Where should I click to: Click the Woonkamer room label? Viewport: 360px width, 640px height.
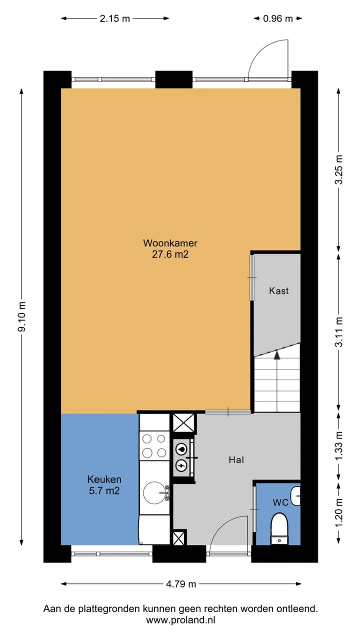pos(170,243)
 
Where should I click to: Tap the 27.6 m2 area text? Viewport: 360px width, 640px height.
pos(170,254)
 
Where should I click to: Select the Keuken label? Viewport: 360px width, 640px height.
pos(104,479)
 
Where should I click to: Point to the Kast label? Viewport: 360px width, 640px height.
pos(279,291)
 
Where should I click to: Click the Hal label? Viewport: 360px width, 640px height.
pos(236,460)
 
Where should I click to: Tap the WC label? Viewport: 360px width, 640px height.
pos(280,502)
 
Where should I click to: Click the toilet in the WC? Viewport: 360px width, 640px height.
pos(279,529)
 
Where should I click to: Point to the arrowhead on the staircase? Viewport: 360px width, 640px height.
pos(276,355)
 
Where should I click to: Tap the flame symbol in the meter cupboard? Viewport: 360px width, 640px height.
pos(181,449)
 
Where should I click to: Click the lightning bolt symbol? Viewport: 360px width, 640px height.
pos(181,466)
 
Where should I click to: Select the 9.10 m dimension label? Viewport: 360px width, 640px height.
pos(22,316)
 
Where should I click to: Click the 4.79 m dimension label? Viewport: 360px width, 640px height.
pos(181,584)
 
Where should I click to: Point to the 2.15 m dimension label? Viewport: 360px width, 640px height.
pos(115,18)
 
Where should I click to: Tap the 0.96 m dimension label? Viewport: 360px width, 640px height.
pos(278,18)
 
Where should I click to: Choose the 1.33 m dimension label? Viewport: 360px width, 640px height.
pos(339,446)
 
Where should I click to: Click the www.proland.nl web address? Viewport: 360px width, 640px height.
pos(180,620)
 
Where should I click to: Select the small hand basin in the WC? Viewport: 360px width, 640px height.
pos(295,496)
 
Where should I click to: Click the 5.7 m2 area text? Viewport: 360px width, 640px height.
pos(104,491)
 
